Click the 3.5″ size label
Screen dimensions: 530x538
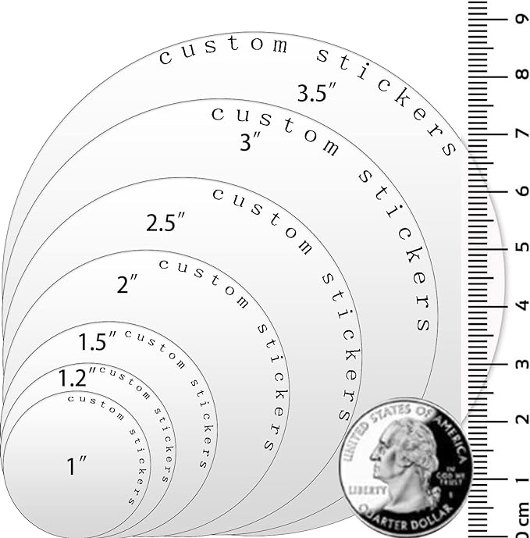coord(317,93)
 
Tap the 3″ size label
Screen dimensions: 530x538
coord(251,141)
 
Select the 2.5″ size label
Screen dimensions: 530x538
coord(165,222)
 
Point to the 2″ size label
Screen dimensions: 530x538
coord(127,283)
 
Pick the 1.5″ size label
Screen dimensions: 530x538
coord(98,341)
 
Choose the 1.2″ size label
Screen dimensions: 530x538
coord(77,377)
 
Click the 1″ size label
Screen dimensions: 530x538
coord(76,465)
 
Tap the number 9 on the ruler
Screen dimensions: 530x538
coord(521,19)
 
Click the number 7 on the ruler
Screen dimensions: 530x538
coord(522,133)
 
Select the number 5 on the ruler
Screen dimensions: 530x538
coord(521,247)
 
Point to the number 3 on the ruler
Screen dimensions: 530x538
coord(521,364)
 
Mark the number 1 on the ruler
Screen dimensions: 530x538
coord(522,479)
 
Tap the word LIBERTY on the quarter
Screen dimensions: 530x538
coord(367,490)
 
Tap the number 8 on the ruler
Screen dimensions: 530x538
coord(521,74)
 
